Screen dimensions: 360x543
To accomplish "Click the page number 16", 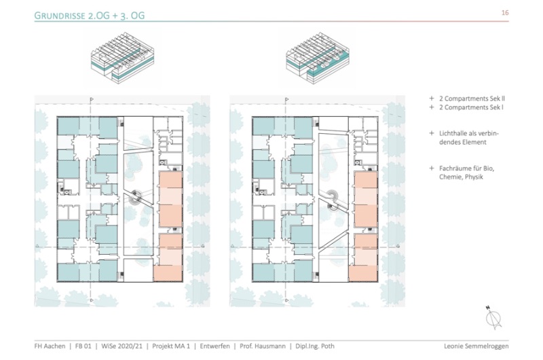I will coord(505,13).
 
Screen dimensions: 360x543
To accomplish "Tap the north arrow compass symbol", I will coord(493,317).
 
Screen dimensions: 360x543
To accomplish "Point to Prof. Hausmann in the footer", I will coord(261,346).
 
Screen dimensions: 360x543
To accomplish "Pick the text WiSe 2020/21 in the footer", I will coord(119,346).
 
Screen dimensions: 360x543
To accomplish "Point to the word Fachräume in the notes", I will coord(451,168).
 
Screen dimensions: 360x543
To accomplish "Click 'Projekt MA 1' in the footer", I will coord(166,346).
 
